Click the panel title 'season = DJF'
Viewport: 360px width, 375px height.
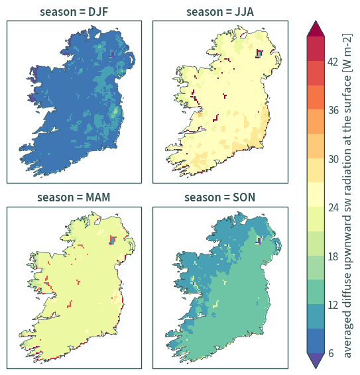point(74,12)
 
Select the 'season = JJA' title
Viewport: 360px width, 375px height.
point(220,12)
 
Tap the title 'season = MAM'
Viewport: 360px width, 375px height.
point(74,197)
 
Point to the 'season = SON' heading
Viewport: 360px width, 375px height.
point(219,197)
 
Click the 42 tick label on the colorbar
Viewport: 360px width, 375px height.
point(333,62)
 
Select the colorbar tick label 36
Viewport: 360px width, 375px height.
point(333,110)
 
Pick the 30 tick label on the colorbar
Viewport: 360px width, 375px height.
point(333,159)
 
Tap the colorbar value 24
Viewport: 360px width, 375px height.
point(333,207)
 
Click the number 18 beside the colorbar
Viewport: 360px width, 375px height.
point(333,256)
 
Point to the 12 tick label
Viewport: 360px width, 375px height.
point(333,305)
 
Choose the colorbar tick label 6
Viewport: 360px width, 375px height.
point(331,353)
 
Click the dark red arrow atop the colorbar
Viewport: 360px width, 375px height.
point(316,29)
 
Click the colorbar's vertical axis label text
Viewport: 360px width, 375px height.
point(347,195)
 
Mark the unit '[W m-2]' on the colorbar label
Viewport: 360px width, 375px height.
point(347,53)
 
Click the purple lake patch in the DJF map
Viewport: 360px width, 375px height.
point(112,54)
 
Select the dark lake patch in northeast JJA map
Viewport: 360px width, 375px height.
point(259,54)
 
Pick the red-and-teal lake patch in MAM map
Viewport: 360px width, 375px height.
point(113,240)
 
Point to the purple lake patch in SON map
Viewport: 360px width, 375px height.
point(259,240)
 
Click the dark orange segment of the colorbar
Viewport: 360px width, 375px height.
point(316,97)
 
